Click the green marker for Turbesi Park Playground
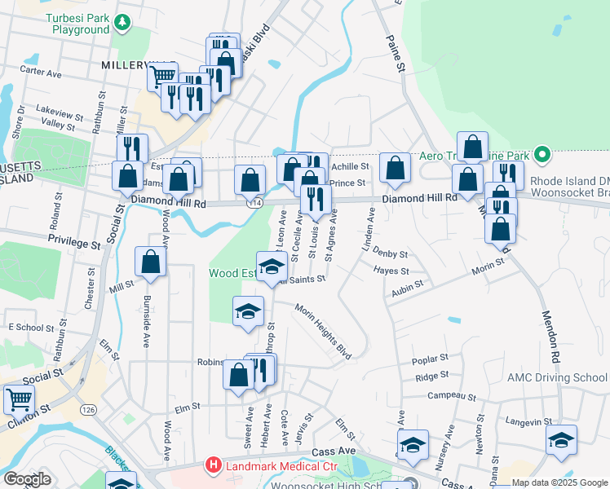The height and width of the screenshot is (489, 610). coord(122,22)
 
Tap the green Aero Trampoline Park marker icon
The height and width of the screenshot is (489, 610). coord(541,154)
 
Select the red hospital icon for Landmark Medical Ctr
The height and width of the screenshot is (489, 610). coord(214,465)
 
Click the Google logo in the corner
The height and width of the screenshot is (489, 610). coord(27,479)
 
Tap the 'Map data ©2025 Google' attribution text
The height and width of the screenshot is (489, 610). coord(559,482)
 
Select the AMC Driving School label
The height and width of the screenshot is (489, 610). coord(557,377)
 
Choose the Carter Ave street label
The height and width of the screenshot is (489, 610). coord(41,73)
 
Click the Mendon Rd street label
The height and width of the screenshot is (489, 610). coord(547,334)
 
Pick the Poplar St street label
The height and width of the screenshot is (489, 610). coord(431,358)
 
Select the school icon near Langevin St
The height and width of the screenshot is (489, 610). coord(561,439)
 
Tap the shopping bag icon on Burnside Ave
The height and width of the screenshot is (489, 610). coord(150,261)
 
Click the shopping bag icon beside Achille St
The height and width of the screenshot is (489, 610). coord(396,168)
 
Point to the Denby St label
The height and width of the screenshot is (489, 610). coord(391,253)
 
